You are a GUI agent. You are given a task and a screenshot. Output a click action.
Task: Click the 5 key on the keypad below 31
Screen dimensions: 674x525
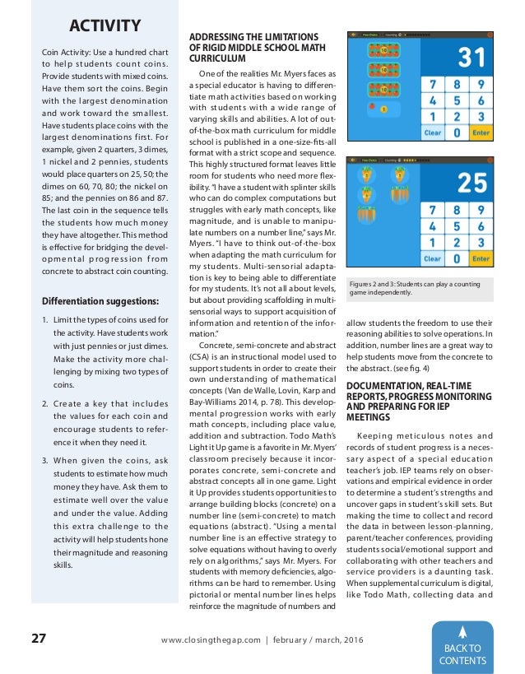pyautogui.click(x=455, y=101)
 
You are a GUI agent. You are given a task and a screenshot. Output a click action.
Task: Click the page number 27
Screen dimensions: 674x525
pyautogui.click(x=39, y=639)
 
